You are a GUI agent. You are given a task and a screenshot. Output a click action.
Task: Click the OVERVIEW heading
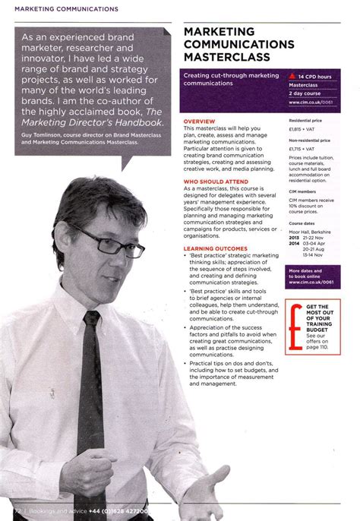click(200, 122)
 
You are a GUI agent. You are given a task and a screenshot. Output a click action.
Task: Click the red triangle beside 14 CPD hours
click(294, 77)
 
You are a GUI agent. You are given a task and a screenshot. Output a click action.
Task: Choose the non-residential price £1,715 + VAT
click(304, 150)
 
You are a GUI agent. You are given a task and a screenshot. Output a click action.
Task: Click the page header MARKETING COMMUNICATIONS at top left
click(61, 9)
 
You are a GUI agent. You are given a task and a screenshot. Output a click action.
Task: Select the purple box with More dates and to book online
click(313, 276)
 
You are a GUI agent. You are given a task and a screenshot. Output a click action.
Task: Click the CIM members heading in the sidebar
click(302, 192)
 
